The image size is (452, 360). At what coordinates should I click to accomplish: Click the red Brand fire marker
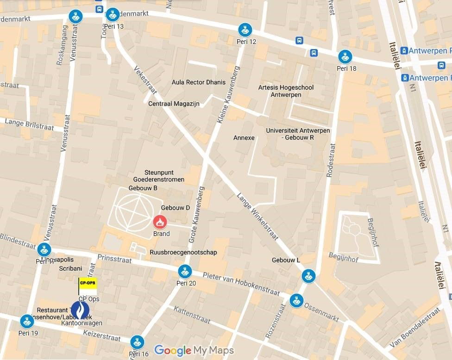[x=160, y=222]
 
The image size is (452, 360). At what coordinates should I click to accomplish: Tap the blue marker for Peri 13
[x=113, y=15]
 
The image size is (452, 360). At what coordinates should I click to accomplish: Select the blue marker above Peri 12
[x=245, y=30]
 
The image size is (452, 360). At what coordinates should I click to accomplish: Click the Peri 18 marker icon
[x=345, y=57]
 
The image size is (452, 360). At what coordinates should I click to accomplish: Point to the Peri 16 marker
[x=137, y=342]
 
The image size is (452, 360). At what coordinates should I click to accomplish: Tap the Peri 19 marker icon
[x=27, y=321]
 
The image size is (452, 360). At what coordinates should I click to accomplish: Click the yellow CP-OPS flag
[x=88, y=283]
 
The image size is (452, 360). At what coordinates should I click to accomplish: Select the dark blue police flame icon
[x=80, y=310]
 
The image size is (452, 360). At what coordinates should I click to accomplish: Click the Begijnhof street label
[x=343, y=257]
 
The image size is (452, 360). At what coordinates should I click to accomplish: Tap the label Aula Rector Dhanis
[x=199, y=82]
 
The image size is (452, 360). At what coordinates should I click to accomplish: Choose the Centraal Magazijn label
[x=174, y=104]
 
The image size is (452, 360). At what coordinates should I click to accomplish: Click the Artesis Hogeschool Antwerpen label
[x=286, y=91]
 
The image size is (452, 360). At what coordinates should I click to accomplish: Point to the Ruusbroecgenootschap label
[x=183, y=252]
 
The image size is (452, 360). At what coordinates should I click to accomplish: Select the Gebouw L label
[x=286, y=260]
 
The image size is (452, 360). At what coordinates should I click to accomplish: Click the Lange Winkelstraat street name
[x=258, y=216]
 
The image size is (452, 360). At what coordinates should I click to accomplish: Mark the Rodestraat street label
[x=330, y=159]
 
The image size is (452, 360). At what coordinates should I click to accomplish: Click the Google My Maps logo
[x=194, y=350]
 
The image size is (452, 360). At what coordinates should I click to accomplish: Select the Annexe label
[x=244, y=138]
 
